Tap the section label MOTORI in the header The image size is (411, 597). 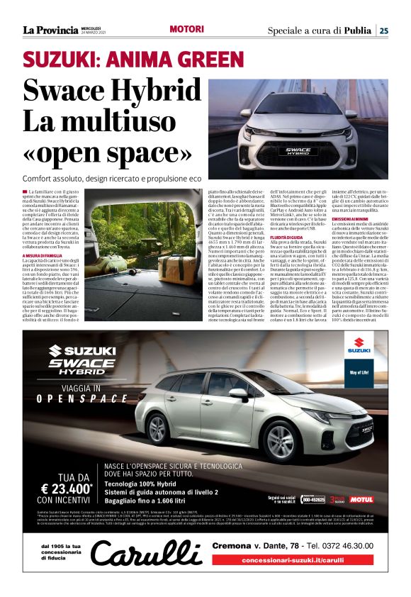click(x=187, y=30)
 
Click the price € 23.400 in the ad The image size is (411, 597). click(x=68, y=489)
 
